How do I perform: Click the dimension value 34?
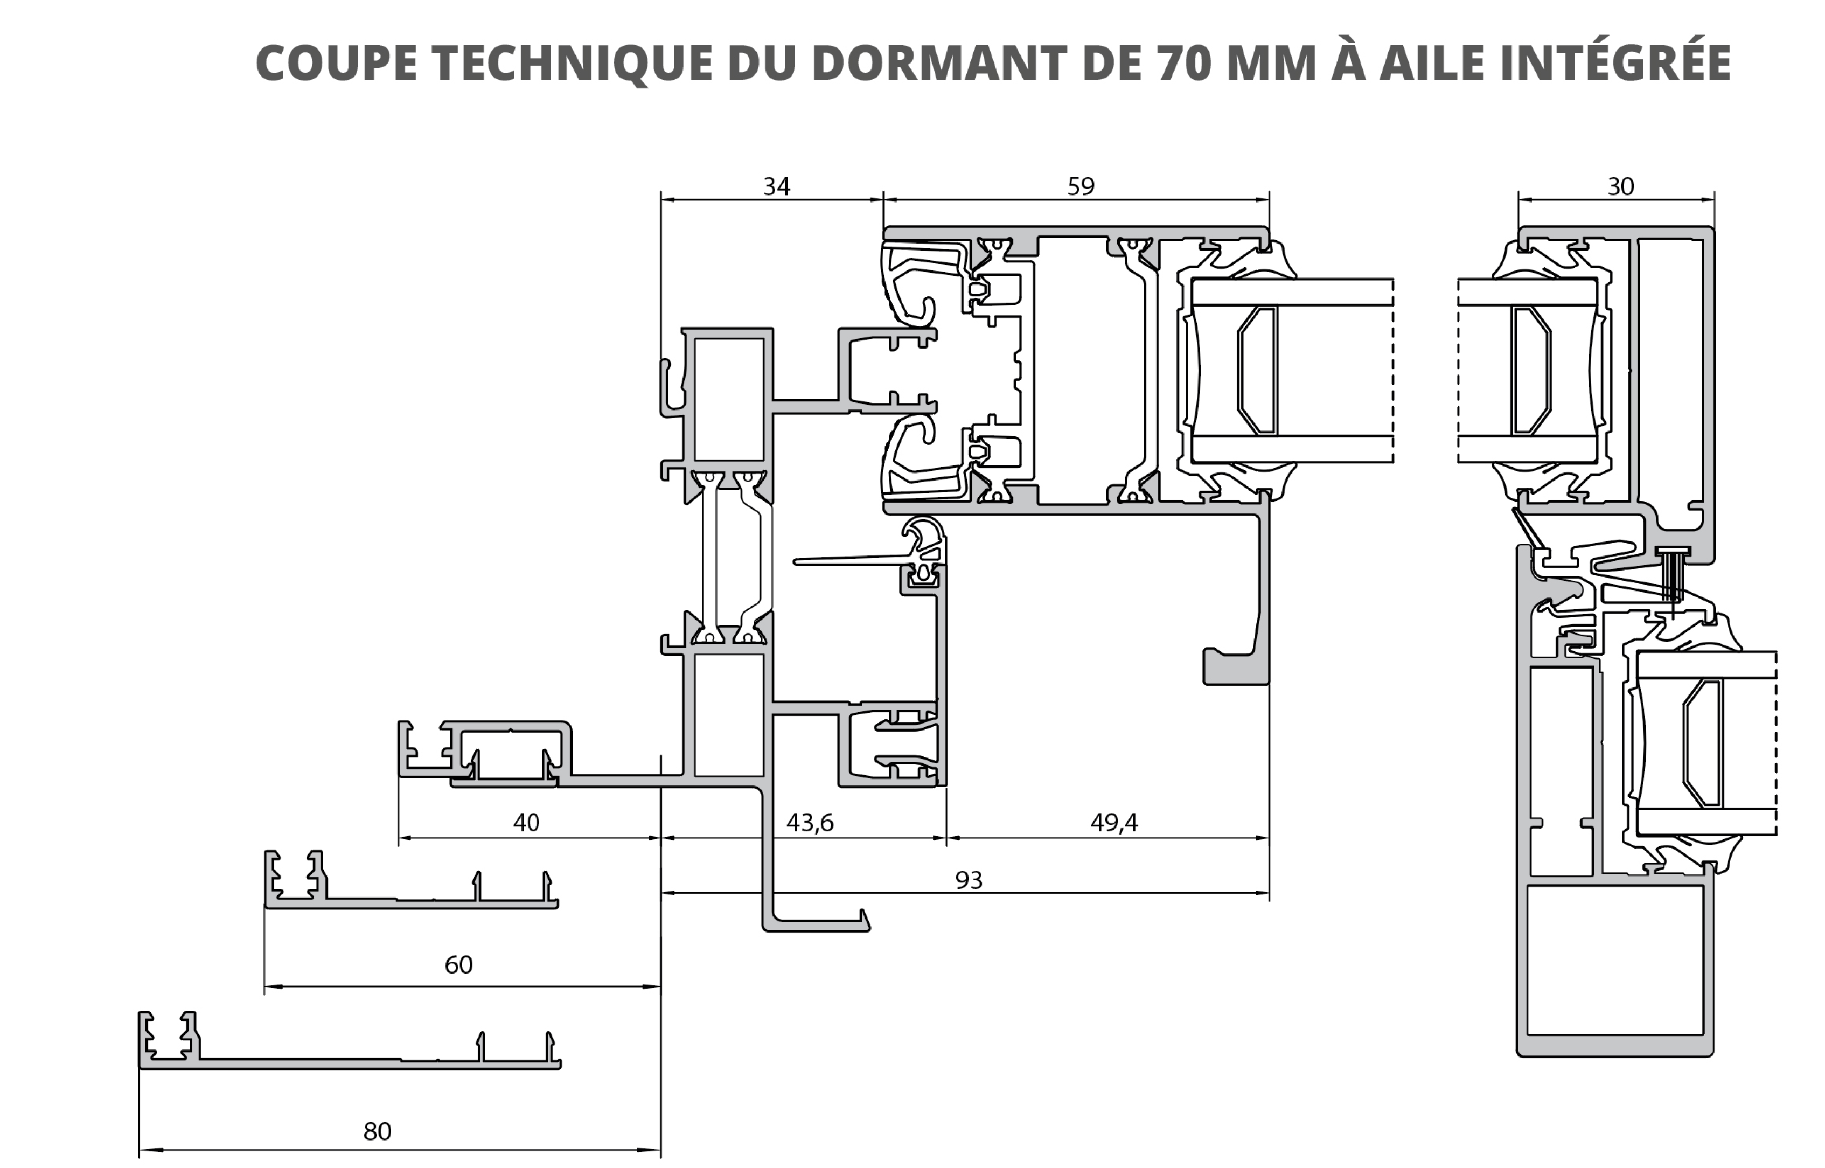click(x=776, y=186)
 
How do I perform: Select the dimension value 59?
click(x=1081, y=186)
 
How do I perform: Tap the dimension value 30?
click(x=1620, y=186)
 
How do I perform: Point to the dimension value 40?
click(x=526, y=822)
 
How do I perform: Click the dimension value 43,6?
click(x=810, y=822)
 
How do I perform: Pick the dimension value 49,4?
click(x=1114, y=822)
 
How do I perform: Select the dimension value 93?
click(x=968, y=880)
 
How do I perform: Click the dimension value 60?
click(x=458, y=965)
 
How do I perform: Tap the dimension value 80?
click(x=377, y=1131)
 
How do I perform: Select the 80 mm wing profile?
click(x=349, y=1063)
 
